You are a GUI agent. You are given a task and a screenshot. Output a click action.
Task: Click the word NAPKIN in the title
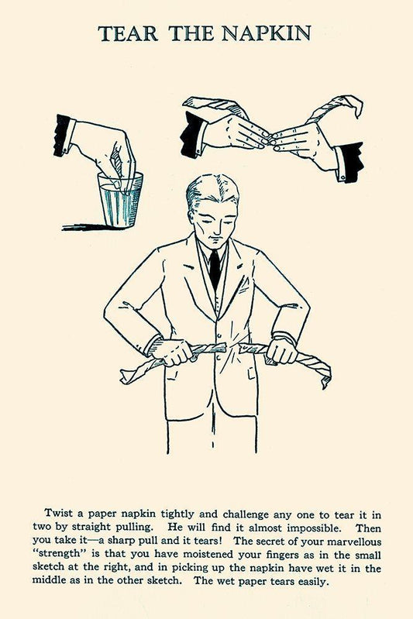point(266,33)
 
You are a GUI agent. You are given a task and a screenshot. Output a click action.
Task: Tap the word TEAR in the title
point(128,33)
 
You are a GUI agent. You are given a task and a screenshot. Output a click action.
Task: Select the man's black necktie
point(215,270)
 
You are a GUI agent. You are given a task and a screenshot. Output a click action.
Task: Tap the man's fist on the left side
point(174,352)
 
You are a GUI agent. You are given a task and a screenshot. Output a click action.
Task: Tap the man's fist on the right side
point(280,352)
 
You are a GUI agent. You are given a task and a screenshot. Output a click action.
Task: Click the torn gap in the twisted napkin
point(232,348)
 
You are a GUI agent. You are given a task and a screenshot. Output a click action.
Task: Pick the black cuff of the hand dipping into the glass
point(64,135)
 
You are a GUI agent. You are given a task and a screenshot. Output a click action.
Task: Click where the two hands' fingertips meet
point(270,142)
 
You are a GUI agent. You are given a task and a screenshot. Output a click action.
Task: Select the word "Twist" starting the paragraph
point(58,513)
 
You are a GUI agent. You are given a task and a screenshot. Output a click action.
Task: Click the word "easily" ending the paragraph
point(314,581)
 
